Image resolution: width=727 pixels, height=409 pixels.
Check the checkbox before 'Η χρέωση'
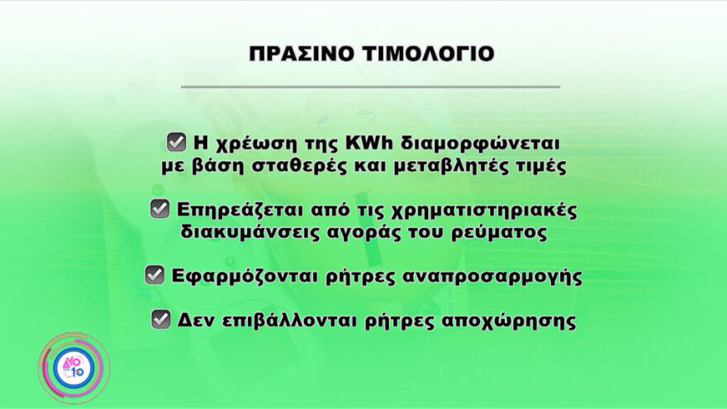click(176, 142)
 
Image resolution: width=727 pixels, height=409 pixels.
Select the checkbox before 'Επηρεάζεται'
click(159, 209)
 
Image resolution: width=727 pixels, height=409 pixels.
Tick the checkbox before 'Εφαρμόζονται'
click(154, 276)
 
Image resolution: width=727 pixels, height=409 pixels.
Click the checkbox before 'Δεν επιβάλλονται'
click(161, 320)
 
